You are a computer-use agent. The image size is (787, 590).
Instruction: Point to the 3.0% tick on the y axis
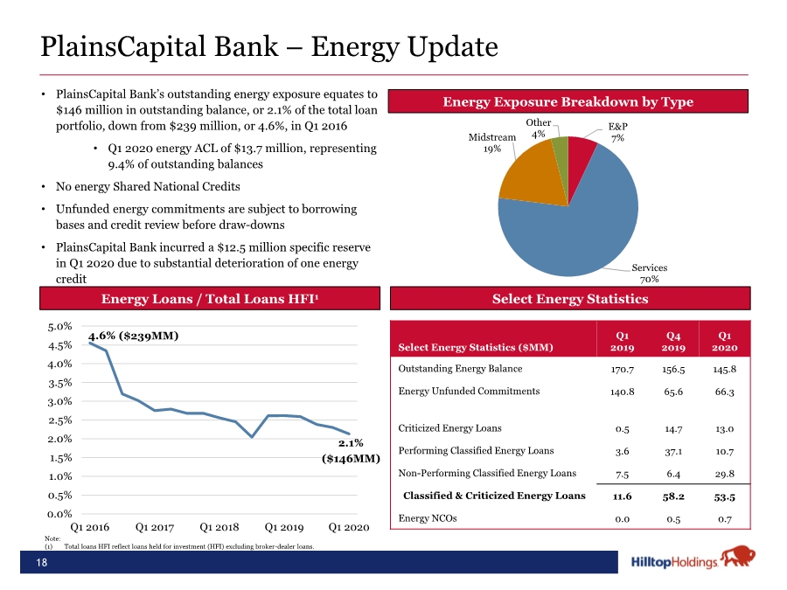pos(59,401)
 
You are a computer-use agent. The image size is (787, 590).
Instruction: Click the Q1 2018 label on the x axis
pos(219,527)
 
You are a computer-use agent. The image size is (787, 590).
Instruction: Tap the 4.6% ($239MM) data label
pos(134,336)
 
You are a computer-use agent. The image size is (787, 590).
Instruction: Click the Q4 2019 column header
pos(673,341)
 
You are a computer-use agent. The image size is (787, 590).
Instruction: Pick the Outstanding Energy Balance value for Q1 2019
pos(622,369)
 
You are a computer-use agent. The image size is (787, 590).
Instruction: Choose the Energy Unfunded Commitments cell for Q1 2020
pos(724,392)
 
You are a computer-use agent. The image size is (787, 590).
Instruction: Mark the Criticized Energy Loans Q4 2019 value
pos(673,429)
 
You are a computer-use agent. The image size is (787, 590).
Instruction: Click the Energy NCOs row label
pos(427,518)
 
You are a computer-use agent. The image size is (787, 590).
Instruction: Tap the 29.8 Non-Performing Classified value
pos(724,474)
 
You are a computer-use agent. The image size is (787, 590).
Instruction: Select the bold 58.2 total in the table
pos(673,496)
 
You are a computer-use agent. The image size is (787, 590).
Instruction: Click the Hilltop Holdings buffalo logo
pos(738,557)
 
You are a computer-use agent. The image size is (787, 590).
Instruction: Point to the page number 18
pos(42,562)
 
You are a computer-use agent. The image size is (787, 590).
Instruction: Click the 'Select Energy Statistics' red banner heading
pos(570,299)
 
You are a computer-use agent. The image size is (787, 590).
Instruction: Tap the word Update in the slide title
pos(452,47)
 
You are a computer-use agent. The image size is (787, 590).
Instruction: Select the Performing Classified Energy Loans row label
pos(476,450)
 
